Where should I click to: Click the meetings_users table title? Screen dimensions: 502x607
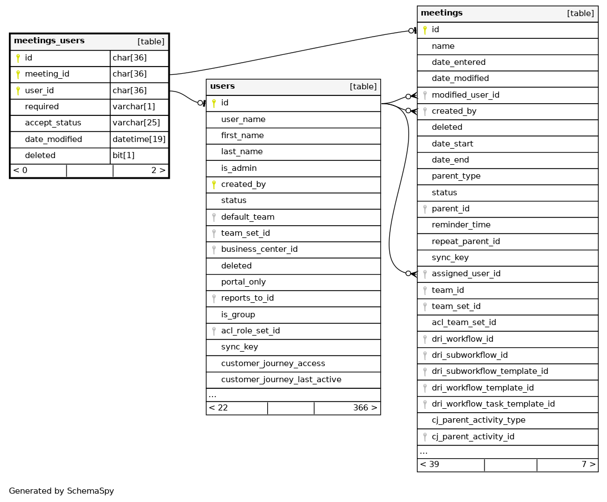(x=49, y=41)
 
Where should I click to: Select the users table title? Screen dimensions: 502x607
(x=222, y=87)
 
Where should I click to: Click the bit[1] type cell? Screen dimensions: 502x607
(x=123, y=156)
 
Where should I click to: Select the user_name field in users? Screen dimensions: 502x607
(x=243, y=119)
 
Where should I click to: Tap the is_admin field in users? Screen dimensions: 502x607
(x=238, y=168)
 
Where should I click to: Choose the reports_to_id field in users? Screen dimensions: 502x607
(x=247, y=298)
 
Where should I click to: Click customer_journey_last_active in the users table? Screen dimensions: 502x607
(x=281, y=379)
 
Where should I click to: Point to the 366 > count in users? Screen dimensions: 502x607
(x=365, y=408)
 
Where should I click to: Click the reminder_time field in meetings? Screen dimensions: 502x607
(x=461, y=225)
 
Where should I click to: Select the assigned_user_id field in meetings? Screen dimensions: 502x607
(x=466, y=274)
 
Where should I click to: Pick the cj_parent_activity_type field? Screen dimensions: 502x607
(x=478, y=420)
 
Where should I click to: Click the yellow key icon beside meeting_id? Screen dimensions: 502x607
(x=18, y=74)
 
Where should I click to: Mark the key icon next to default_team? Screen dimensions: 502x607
(x=213, y=217)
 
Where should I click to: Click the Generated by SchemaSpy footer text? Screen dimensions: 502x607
(x=62, y=491)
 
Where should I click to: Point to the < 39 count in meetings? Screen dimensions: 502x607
(x=430, y=465)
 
